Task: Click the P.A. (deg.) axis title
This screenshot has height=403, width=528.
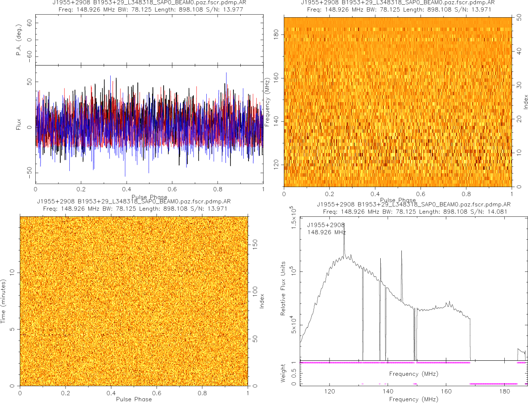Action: (x=19, y=40)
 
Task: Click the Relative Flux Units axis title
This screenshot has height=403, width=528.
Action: (x=283, y=288)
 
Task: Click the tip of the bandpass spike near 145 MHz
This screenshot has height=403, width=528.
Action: (x=401, y=251)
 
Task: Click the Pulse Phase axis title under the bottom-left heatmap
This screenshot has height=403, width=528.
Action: (x=134, y=399)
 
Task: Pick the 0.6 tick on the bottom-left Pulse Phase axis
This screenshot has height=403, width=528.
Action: (x=157, y=393)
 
